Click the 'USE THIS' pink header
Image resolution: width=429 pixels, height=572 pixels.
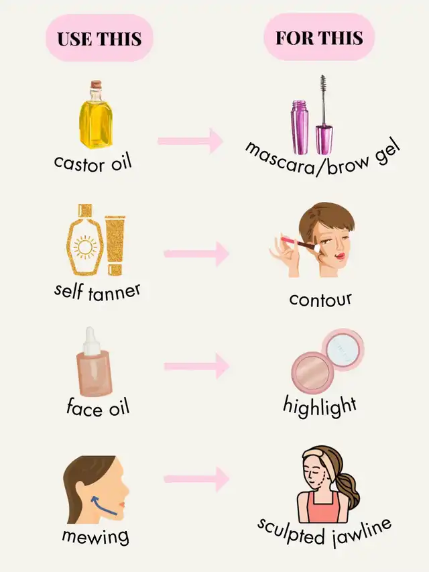coord(99,38)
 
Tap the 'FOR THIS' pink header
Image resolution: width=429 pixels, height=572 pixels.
coord(319,37)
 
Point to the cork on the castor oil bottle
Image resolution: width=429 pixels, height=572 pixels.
coord(97,84)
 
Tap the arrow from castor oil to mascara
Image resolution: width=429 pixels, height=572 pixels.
coord(190,141)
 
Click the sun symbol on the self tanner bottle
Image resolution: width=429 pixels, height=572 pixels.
coord(85,247)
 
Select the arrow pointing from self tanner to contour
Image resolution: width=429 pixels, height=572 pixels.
coord(196,253)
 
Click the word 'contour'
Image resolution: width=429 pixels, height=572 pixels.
coord(320,300)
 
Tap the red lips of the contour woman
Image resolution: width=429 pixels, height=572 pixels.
coord(341,255)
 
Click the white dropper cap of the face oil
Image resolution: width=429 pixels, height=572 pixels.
coord(90,341)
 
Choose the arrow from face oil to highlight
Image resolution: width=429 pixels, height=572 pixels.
coord(196,366)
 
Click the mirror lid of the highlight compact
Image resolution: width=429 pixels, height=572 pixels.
coord(343,349)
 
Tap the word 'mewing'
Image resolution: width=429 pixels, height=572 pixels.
coord(96,536)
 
